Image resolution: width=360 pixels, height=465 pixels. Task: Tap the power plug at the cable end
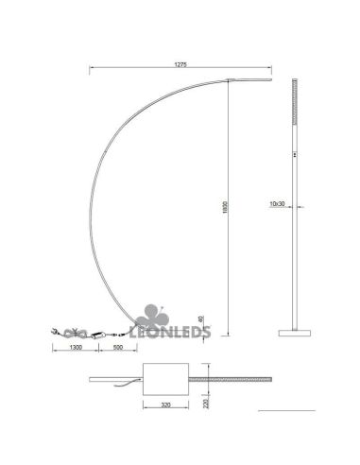[55, 332]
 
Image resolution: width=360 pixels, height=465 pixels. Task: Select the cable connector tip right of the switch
[124, 334]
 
